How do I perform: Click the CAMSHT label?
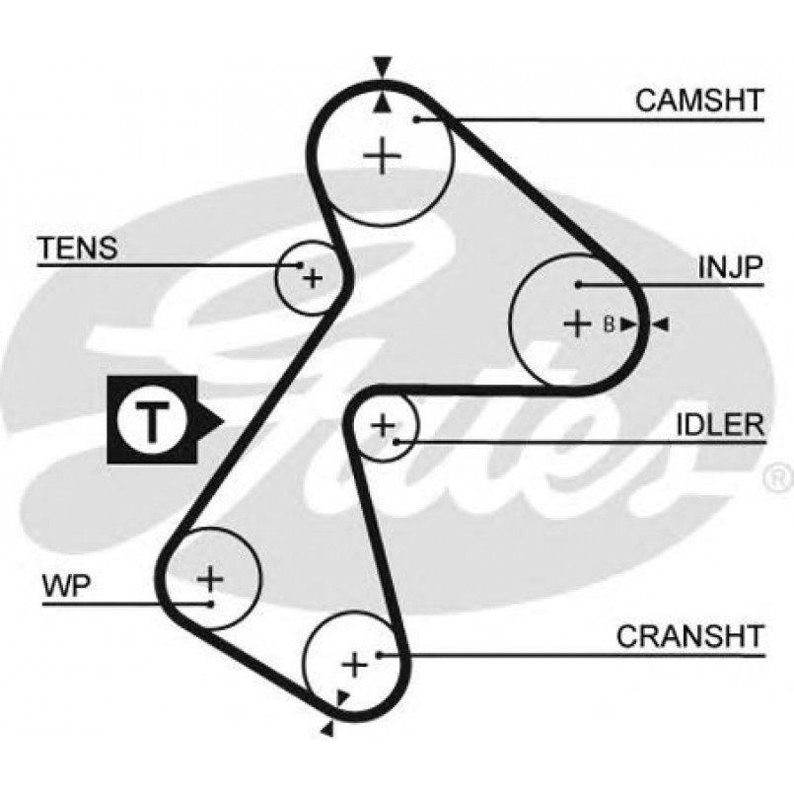(x=697, y=100)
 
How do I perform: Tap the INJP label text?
(x=731, y=266)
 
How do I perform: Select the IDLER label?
(x=719, y=424)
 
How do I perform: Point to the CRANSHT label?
(x=690, y=636)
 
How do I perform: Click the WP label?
(x=66, y=587)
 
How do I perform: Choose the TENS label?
(x=77, y=249)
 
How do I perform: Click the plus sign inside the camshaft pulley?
(x=383, y=157)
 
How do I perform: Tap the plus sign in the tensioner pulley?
(x=312, y=278)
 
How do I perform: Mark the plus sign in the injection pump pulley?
(x=575, y=324)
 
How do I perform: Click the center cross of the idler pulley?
(x=383, y=425)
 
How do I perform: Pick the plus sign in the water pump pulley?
(x=210, y=576)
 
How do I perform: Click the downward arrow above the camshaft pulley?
(x=383, y=67)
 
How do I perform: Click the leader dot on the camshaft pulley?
(x=418, y=119)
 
